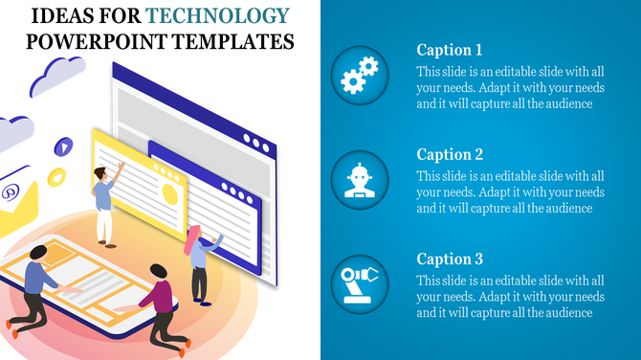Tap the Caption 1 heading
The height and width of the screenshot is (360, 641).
tap(450, 50)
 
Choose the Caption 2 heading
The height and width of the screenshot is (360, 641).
tap(450, 154)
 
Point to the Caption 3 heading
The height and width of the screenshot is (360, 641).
tap(450, 259)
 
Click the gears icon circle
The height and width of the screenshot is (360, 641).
tap(360, 76)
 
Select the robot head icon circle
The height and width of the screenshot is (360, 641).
tap(360, 180)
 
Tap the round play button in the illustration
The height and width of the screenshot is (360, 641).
tap(63, 146)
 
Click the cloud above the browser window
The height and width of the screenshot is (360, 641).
tap(58, 76)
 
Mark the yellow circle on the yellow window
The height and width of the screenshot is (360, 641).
tap(168, 194)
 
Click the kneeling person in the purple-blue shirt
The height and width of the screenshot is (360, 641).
tap(36, 291)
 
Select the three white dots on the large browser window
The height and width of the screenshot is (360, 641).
tap(255, 140)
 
